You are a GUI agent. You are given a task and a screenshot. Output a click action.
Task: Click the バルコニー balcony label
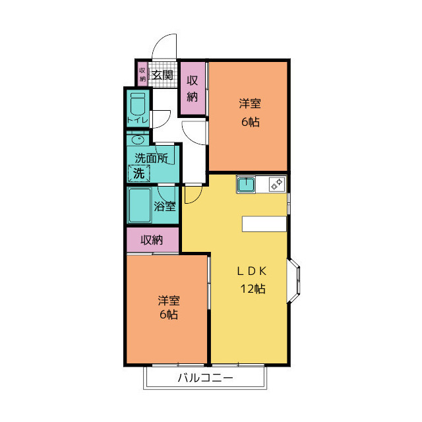tap(205, 378)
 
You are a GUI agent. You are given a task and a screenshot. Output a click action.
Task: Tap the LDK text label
tap(252, 271)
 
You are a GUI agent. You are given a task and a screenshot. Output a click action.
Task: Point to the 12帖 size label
tap(253, 289)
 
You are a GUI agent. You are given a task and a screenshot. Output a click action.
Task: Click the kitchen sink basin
tap(246, 185)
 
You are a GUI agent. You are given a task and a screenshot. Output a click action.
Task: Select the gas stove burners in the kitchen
tap(277, 185)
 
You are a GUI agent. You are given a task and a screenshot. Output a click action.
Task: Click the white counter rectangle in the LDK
tap(264, 224)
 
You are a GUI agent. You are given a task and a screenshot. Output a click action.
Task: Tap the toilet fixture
tap(138, 104)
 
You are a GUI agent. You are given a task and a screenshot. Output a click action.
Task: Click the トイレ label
tap(138, 120)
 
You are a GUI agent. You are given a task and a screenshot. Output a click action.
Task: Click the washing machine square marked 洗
tap(138, 173)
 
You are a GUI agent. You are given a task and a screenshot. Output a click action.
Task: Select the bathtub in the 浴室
tap(140, 205)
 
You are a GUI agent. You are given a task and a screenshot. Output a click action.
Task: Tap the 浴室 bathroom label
tap(165, 206)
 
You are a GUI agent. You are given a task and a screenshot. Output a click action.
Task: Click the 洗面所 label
tap(151, 158)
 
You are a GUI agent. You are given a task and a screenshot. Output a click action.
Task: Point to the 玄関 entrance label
tap(163, 75)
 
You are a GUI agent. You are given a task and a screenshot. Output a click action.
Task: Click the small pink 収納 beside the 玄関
tap(142, 74)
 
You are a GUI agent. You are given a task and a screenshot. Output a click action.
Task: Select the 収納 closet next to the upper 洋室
tap(193, 88)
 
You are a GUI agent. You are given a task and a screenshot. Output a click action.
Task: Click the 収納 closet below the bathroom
tap(152, 240)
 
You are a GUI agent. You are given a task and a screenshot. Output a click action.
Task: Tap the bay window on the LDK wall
tap(294, 281)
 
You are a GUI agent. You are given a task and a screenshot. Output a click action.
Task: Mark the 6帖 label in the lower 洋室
tap(169, 315)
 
